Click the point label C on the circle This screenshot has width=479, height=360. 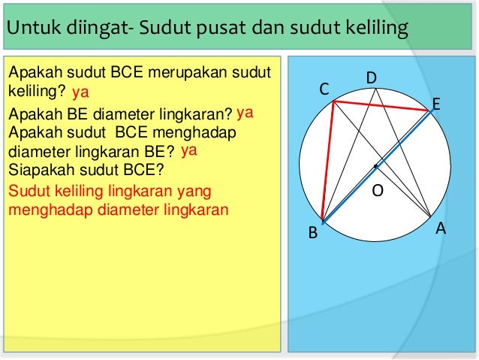(324, 89)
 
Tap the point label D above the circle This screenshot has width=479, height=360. (372, 78)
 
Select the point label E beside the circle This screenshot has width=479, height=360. (435, 103)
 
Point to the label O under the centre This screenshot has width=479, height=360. (378, 192)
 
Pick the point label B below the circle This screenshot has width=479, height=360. (314, 234)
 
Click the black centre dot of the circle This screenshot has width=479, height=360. (375, 165)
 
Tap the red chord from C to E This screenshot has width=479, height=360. (381, 107)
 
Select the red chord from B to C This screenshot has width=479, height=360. (328, 162)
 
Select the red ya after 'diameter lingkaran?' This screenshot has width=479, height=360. (244, 113)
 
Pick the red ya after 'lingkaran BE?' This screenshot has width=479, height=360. (188, 150)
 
